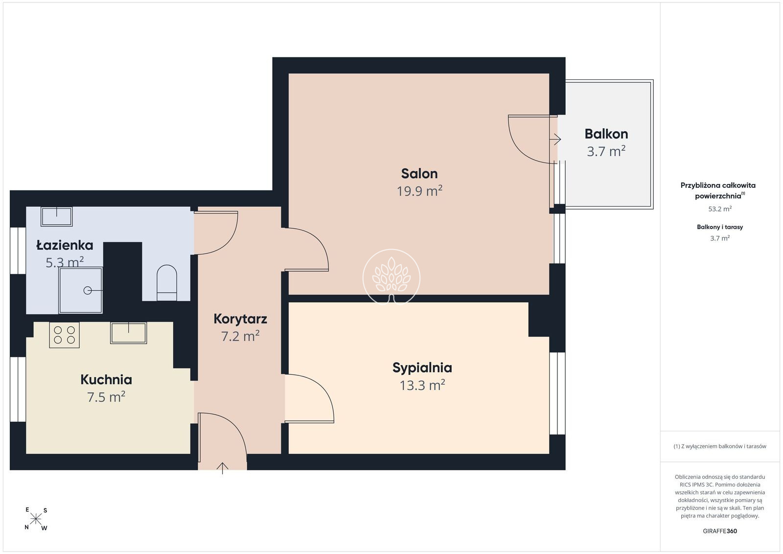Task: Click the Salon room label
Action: tap(419, 174)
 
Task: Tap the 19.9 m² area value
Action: tap(419, 191)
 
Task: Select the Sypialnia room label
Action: tap(422, 368)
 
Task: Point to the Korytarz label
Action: tap(240, 319)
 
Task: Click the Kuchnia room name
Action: tap(106, 380)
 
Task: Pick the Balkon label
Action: tap(606, 134)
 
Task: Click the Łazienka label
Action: tap(65, 245)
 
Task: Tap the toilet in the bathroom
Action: tap(167, 283)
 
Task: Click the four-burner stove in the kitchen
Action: tap(64, 335)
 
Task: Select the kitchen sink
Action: tap(128, 333)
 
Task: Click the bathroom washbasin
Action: tap(57, 217)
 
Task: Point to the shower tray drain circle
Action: tap(88, 290)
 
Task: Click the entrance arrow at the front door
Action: tap(222, 468)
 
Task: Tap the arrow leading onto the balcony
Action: tap(555, 139)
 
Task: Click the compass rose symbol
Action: tap(36, 519)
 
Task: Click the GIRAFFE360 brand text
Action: tap(720, 531)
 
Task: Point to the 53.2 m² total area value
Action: tap(720, 209)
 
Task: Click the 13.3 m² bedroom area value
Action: tap(422, 385)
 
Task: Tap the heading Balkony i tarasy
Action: tap(720, 227)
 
